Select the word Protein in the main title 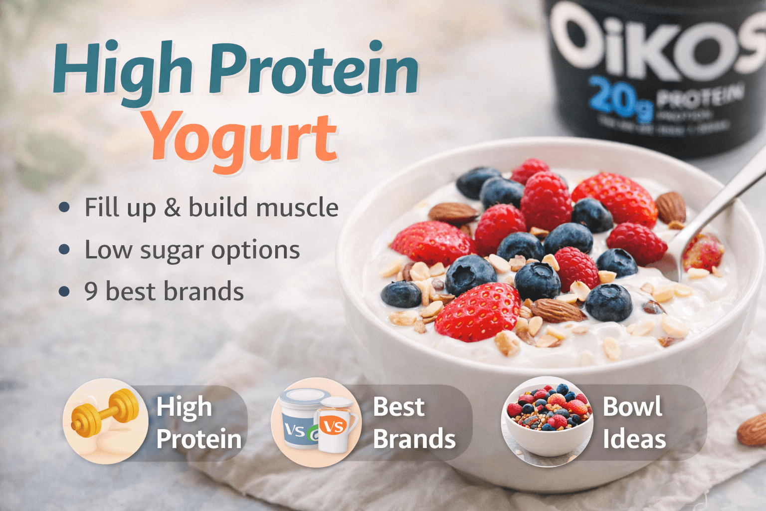point(313,70)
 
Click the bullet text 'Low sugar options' point(192,250)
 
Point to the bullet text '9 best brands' point(164,291)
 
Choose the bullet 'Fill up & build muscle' point(211,207)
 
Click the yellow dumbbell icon point(105,413)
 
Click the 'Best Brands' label point(414,423)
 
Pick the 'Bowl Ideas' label point(634,423)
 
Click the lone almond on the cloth point(753,429)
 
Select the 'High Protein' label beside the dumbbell point(198,423)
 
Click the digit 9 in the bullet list point(91,291)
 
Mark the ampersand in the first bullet point(172,207)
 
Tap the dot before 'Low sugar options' point(64,250)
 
